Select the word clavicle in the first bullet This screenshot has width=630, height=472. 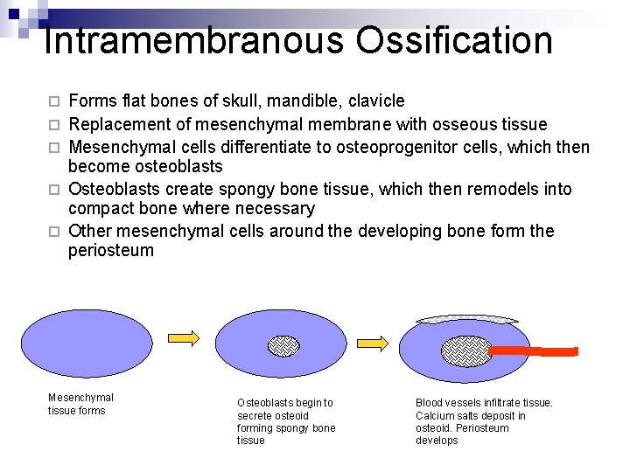374,101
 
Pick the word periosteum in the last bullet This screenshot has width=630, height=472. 111,251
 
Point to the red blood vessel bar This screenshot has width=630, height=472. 533,351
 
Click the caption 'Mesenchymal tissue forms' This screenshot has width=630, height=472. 80,404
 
